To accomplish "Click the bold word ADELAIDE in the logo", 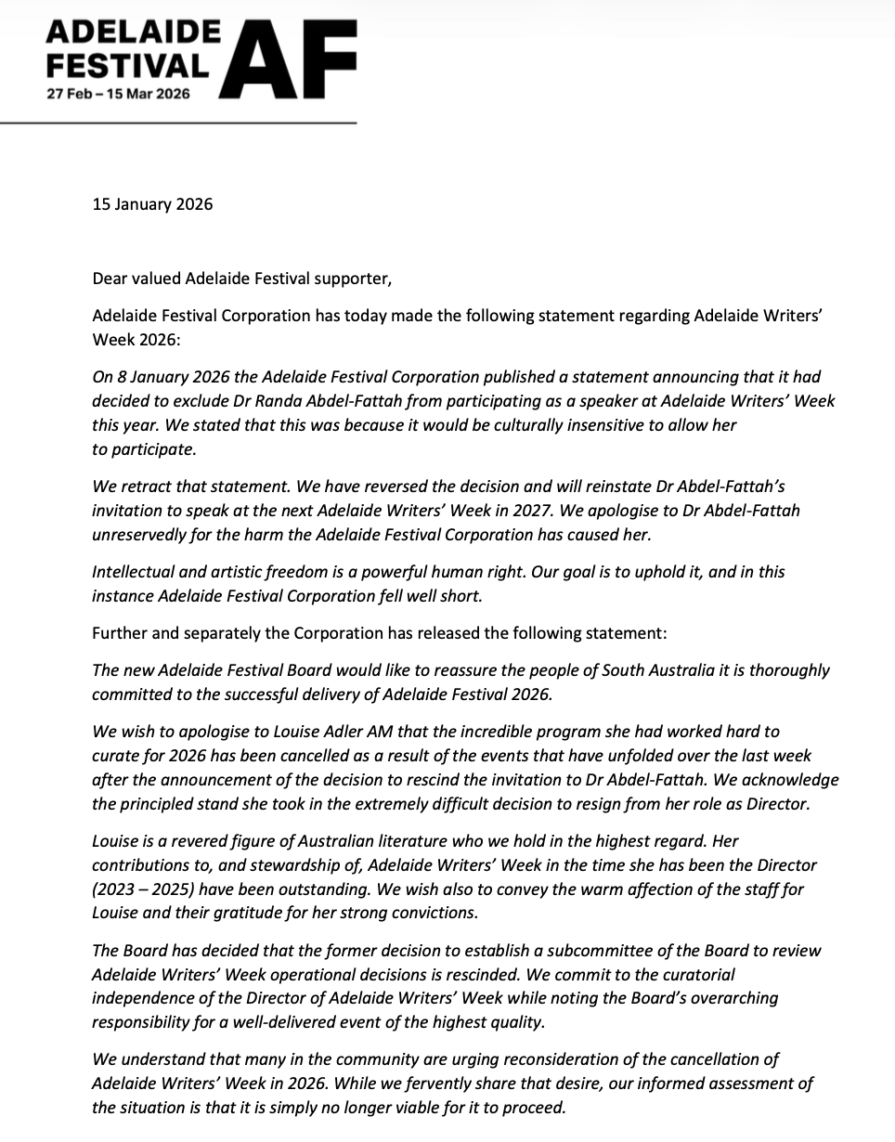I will pyautogui.click(x=133, y=36).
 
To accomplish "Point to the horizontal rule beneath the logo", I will pyautogui.click(x=178, y=123).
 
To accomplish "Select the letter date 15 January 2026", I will pyautogui.click(x=152, y=203).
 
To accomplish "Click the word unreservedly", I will pyautogui.click(x=140, y=534).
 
